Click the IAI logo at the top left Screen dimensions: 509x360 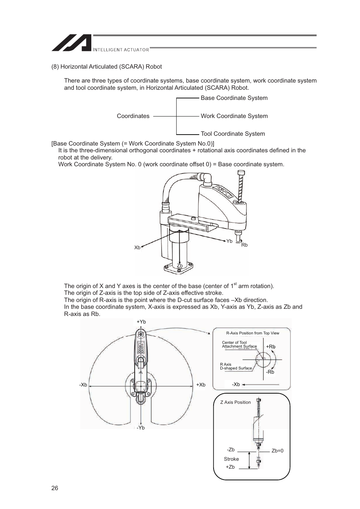[72, 43]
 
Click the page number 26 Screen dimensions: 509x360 [55, 488]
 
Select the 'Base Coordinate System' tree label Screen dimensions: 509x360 [234, 98]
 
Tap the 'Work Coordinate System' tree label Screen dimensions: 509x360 [234, 116]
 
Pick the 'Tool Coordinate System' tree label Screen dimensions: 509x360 [232, 134]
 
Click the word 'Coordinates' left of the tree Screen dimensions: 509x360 [133, 116]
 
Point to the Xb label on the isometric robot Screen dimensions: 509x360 [137, 248]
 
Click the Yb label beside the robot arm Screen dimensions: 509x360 [229, 241]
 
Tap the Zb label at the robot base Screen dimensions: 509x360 [180, 266]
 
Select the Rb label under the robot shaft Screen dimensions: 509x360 [245, 245]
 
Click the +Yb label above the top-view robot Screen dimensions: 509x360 [141, 322]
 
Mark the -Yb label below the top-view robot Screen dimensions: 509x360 [141, 428]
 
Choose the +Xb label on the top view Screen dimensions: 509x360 [201, 385]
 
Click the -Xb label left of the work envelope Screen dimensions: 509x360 [83, 385]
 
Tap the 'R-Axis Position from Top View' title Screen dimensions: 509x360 [252, 333]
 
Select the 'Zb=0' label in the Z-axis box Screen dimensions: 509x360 [277, 451]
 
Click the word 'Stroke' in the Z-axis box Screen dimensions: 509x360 [231, 459]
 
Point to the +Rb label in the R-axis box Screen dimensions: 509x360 [271, 347]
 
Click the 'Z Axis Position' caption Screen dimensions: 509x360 [235, 402]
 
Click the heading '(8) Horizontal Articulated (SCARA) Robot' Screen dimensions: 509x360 [107, 67]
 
